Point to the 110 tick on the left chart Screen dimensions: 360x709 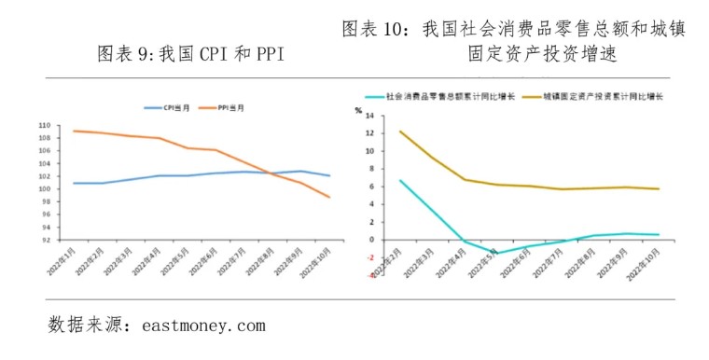click(x=44, y=125)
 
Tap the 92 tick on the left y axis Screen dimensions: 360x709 click(x=46, y=240)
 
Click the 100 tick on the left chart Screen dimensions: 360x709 click(x=44, y=189)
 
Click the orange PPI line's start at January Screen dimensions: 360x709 click(x=73, y=131)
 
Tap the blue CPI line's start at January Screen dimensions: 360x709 click(x=73, y=183)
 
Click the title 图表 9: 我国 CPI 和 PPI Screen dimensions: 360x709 click(x=191, y=55)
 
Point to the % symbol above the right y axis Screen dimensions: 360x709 click(x=357, y=109)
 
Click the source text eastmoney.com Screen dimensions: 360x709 click(x=204, y=325)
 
